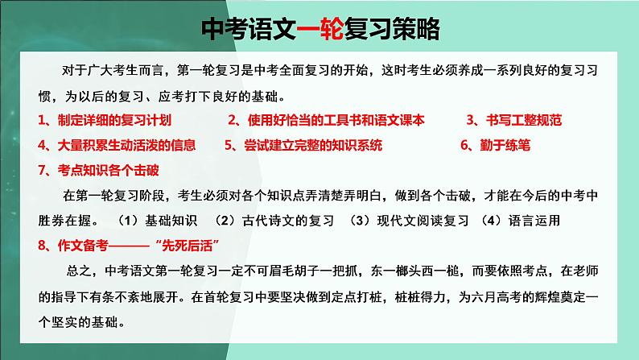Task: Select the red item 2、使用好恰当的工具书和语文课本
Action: [326, 120]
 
